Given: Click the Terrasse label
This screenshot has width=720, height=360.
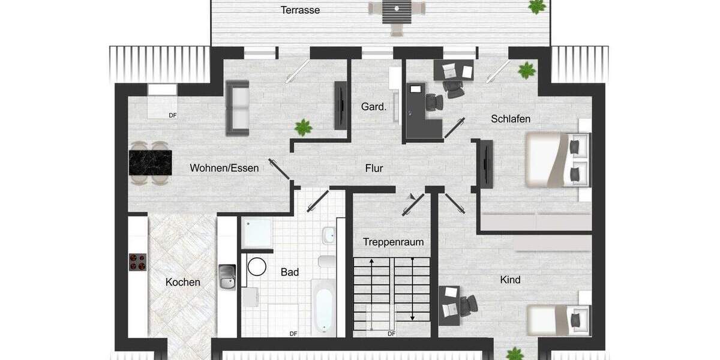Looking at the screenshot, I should coord(301,10).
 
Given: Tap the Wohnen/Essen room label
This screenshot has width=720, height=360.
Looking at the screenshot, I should coord(224,168).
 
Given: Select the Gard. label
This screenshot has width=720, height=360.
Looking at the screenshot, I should coord(373,107).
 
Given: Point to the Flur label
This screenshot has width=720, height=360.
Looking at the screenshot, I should coord(374,168).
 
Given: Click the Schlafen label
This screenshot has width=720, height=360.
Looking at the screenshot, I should coord(511,119).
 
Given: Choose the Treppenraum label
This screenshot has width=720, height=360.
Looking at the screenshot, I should coord(393,242).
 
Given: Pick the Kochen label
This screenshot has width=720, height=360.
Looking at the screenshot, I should coord(183,282).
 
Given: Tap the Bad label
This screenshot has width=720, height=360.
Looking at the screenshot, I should coord(290,272).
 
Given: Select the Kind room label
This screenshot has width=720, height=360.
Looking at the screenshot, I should coord(510,280).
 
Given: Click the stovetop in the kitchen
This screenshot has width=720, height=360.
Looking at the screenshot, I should coord(138,262).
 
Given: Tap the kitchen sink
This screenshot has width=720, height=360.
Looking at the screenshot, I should coord(227,277).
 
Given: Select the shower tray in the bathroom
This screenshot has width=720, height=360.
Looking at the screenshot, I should coord(257,233).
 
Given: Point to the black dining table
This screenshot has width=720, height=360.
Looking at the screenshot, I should coord(150,163).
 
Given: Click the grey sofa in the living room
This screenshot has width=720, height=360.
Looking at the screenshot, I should coord(237,107).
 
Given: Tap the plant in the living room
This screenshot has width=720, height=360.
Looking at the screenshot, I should coord(304,127).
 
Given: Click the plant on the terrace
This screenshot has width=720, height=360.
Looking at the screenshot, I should coord(536,6).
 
